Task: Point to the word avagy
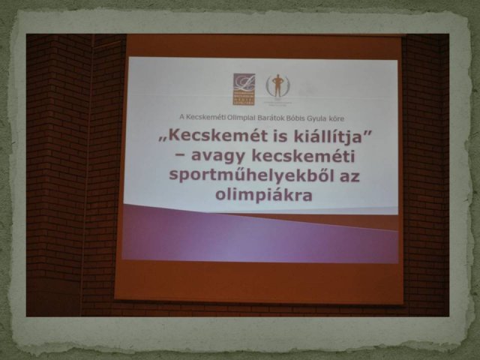click(x=219, y=158)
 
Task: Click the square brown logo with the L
click(x=244, y=86)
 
